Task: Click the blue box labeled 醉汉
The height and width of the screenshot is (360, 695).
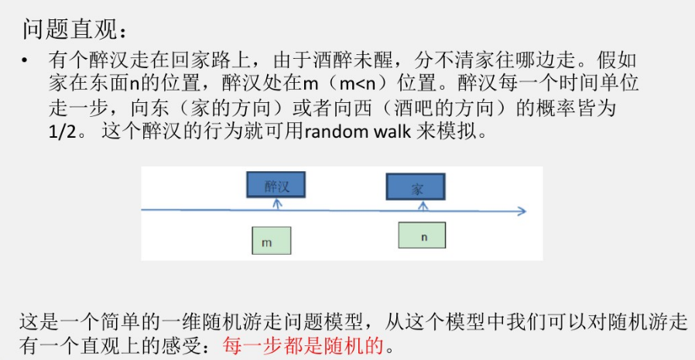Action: pyautogui.click(x=276, y=185)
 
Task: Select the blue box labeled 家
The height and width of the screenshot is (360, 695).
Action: pyautogui.click(x=416, y=187)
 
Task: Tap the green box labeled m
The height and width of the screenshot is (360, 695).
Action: pyautogui.click(x=271, y=241)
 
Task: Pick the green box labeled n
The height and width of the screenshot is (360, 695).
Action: pyautogui.click(x=422, y=235)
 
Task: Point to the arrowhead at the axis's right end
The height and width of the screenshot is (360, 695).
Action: pyautogui.click(x=522, y=211)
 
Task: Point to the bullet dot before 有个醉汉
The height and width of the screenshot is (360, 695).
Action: pyautogui.click(x=25, y=60)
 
